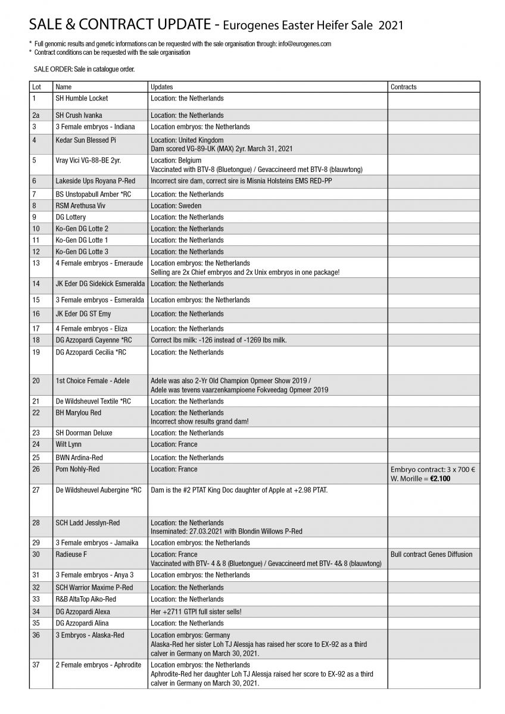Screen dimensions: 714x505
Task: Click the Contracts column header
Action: tap(403, 87)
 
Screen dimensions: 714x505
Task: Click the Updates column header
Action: tap(162, 87)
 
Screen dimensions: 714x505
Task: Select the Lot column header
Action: tap(36, 87)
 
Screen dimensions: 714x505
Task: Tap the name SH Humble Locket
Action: tap(82, 98)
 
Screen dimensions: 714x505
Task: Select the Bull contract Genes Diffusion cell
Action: tap(431, 555)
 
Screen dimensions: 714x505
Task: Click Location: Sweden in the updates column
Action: tap(176, 206)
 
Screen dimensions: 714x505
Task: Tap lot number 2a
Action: tap(36, 115)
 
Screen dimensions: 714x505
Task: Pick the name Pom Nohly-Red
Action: tap(77, 469)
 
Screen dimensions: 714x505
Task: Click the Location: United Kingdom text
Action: tap(187, 140)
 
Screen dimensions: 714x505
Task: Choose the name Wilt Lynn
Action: tap(68, 444)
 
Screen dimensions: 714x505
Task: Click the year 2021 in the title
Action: tap(390, 25)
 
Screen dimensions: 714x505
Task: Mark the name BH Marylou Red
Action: tap(78, 413)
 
